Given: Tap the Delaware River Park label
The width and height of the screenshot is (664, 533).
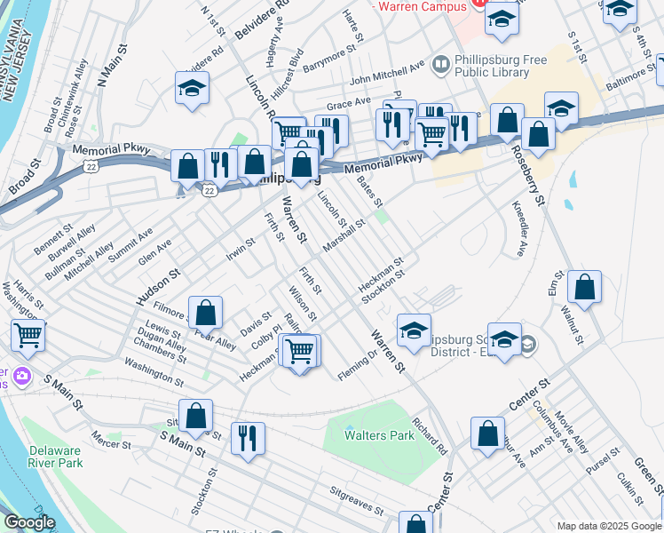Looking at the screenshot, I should click(55, 456).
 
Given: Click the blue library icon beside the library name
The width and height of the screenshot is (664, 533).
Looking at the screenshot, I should click(440, 65).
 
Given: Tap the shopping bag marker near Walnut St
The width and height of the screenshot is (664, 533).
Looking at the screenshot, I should click(584, 288).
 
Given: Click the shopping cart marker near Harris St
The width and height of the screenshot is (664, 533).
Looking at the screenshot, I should click(28, 337).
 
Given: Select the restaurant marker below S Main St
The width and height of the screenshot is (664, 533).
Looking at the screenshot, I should click(248, 438).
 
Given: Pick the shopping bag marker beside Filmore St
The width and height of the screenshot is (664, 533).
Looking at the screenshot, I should click(205, 314).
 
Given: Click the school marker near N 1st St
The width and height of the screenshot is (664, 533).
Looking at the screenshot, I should click(192, 89).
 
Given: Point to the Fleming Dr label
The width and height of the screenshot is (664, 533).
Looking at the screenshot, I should click(359, 363).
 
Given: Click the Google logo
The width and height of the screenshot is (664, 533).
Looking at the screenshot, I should click(28, 523).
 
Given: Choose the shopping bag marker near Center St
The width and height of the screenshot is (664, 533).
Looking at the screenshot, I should click(487, 434).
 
